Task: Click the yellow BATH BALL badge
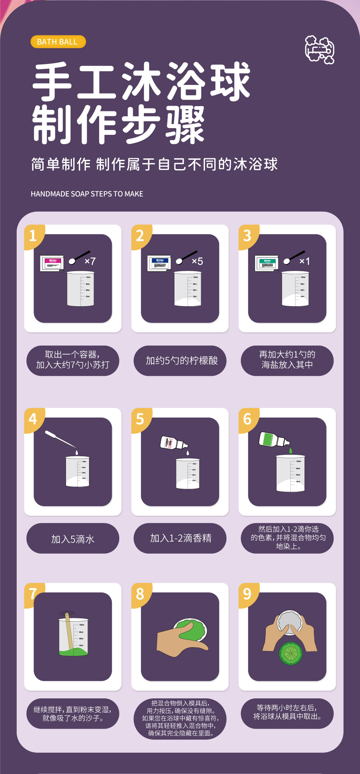(x=58, y=42)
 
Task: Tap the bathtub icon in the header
(x=319, y=50)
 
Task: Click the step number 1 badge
(x=33, y=236)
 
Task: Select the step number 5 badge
(x=140, y=419)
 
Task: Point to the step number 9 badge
(x=247, y=594)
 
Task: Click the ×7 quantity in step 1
(x=90, y=261)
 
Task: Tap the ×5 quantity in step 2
(x=197, y=261)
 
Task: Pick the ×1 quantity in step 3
(x=304, y=261)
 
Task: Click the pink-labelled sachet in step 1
(x=52, y=263)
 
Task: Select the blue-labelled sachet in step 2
(x=159, y=263)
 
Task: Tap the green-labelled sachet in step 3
(x=266, y=263)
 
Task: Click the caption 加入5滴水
(x=73, y=539)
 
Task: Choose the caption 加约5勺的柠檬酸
(x=181, y=361)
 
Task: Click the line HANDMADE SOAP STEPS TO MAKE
(x=87, y=194)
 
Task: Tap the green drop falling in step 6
(x=291, y=451)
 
